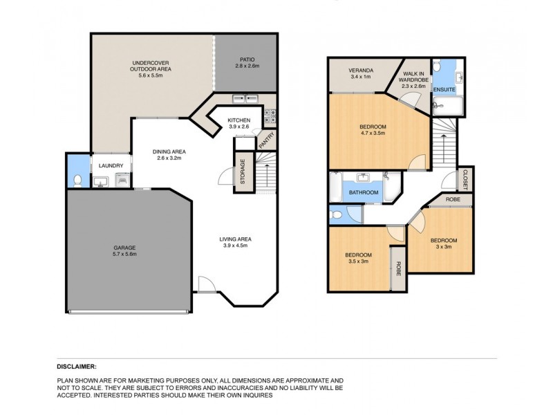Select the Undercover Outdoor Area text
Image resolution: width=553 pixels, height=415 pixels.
(151, 67)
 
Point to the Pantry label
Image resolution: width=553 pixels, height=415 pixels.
(263, 140)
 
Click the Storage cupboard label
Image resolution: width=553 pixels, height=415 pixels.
(243, 171)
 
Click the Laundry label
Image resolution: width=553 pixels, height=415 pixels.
(111, 166)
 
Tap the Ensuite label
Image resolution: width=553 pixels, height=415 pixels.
(443, 90)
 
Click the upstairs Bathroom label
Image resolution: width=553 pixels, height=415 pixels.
(363, 192)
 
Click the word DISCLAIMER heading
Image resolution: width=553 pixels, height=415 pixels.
(76, 367)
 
